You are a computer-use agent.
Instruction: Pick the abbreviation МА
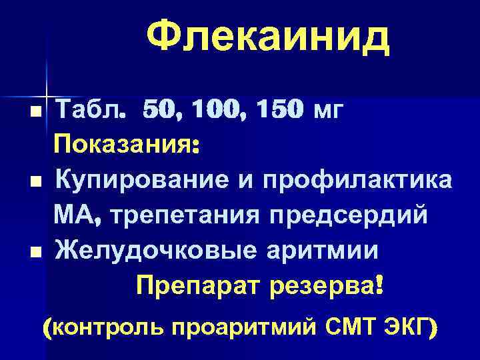click(78, 215)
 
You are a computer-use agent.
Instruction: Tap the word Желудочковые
click(153, 251)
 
